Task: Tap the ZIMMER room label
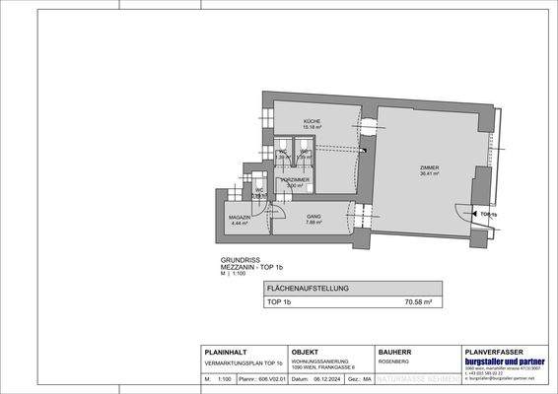click(x=427, y=168)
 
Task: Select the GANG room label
click(x=286, y=215)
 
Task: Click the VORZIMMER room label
click(x=296, y=179)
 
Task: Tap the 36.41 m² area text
click(x=427, y=175)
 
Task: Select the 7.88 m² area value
click(x=286, y=222)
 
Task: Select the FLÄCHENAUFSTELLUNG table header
click(x=307, y=289)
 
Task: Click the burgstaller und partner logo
click(x=499, y=361)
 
